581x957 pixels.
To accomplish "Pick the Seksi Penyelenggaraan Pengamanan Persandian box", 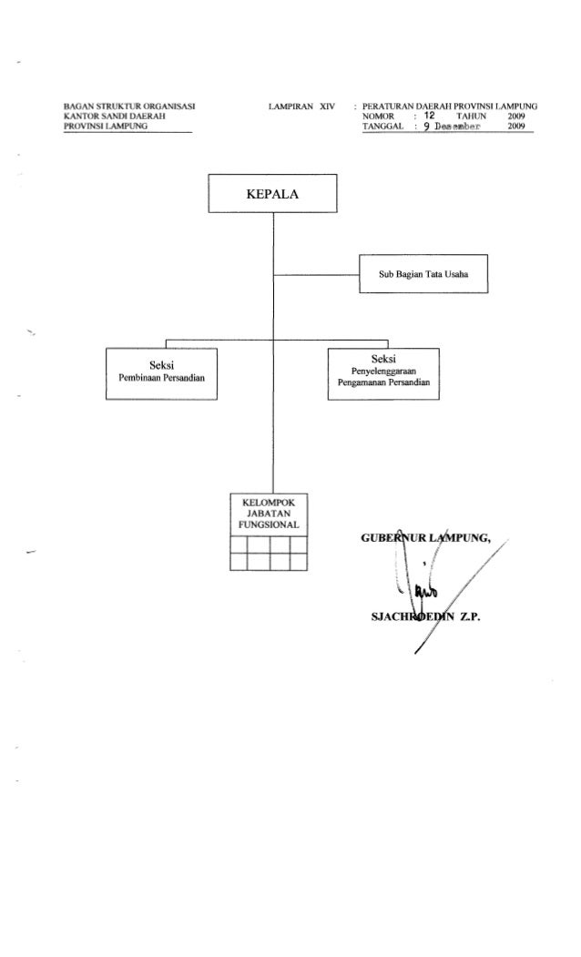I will click(383, 374).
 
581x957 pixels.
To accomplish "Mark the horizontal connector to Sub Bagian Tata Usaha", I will click(316, 274).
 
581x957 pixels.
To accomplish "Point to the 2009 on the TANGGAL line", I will click(519, 128).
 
